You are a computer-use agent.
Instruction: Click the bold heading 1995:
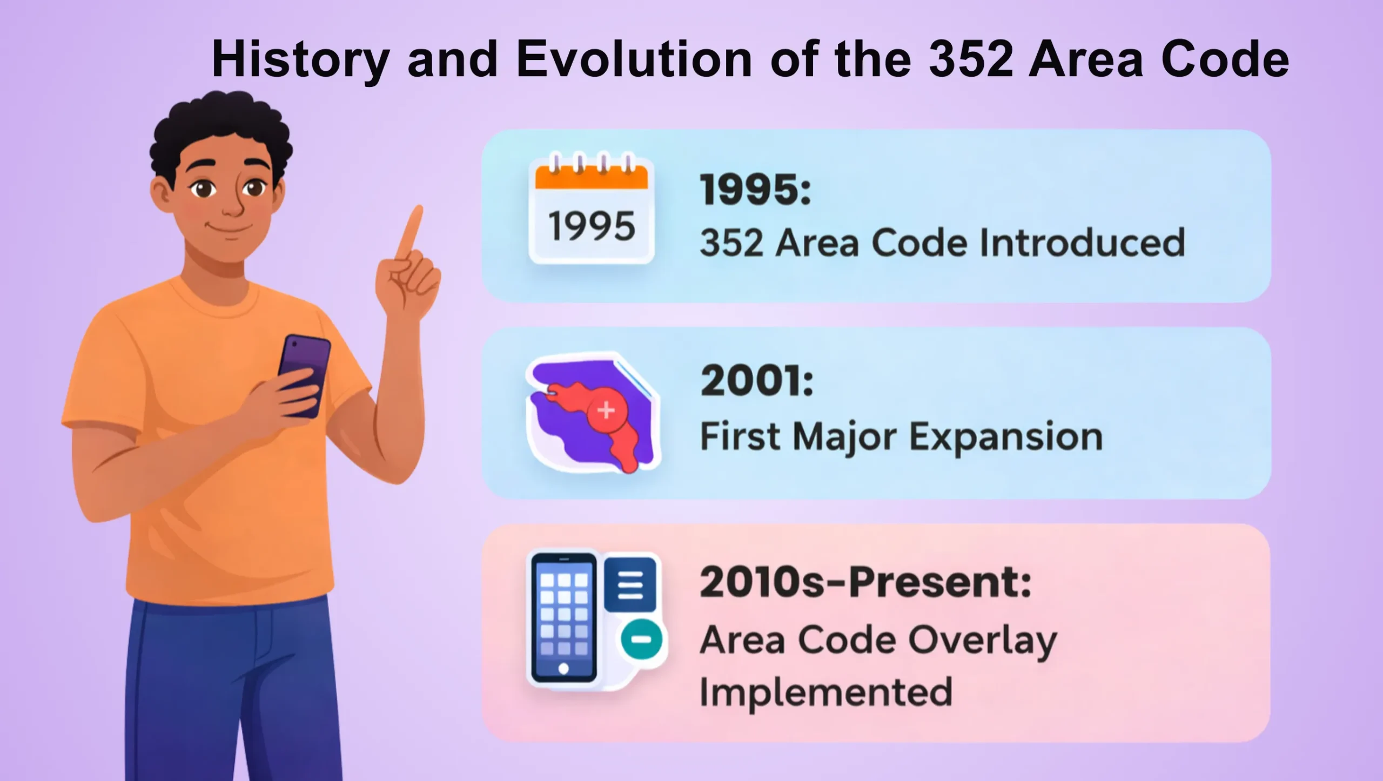tap(756, 190)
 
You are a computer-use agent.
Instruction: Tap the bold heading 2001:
tap(757, 381)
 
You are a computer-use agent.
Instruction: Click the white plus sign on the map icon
tap(606, 410)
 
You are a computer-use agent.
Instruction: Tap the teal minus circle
tap(641, 639)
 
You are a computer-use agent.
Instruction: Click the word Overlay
tap(983, 641)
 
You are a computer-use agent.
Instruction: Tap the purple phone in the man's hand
tap(304, 375)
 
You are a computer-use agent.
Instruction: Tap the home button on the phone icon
tap(563, 669)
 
